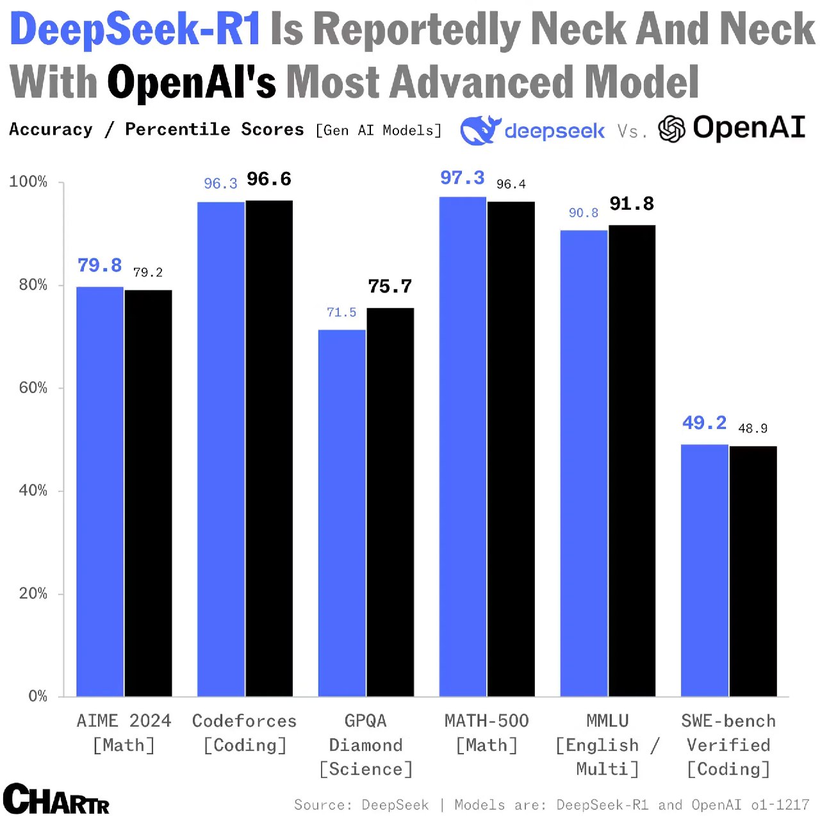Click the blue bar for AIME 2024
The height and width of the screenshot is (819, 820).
[100, 491]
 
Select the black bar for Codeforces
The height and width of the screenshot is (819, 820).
[269, 448]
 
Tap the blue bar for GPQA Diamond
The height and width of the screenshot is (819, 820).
[342, 513]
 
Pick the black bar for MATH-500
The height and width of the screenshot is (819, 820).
[511, 449]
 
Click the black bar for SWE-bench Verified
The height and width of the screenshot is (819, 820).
[753, 571]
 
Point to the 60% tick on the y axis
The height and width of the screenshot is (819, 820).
[33, 388]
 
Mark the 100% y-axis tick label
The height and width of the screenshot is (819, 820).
[29, 182]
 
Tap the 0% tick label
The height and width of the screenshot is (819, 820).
[38, 697]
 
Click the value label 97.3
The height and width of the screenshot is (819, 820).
[462, 178]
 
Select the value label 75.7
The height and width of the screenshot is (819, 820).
[389, 286]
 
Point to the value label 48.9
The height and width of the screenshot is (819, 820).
[753, 428]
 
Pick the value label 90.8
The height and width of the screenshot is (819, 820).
[583, 213]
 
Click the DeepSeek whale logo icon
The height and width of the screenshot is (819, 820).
[479, 130]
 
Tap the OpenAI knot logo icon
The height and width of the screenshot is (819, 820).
[672, 129]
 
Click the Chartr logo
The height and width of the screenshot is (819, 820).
[56, 799]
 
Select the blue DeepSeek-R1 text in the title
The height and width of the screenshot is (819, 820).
[135, 30]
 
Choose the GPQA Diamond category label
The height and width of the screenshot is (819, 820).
[366, 745]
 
